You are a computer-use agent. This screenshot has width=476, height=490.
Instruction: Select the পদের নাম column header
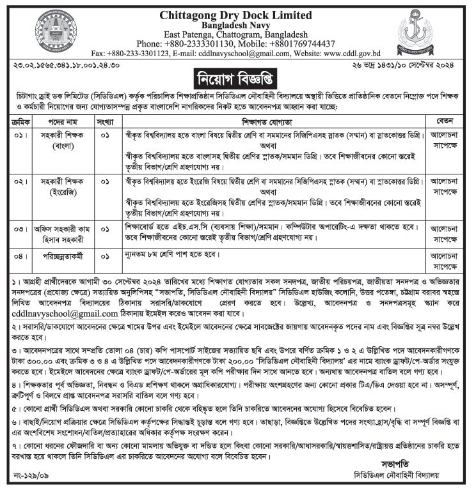click(62, 119)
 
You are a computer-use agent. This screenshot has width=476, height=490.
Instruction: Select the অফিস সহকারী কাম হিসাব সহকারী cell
click(62, 233)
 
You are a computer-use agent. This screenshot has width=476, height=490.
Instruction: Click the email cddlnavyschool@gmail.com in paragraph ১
click(65, 314)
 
